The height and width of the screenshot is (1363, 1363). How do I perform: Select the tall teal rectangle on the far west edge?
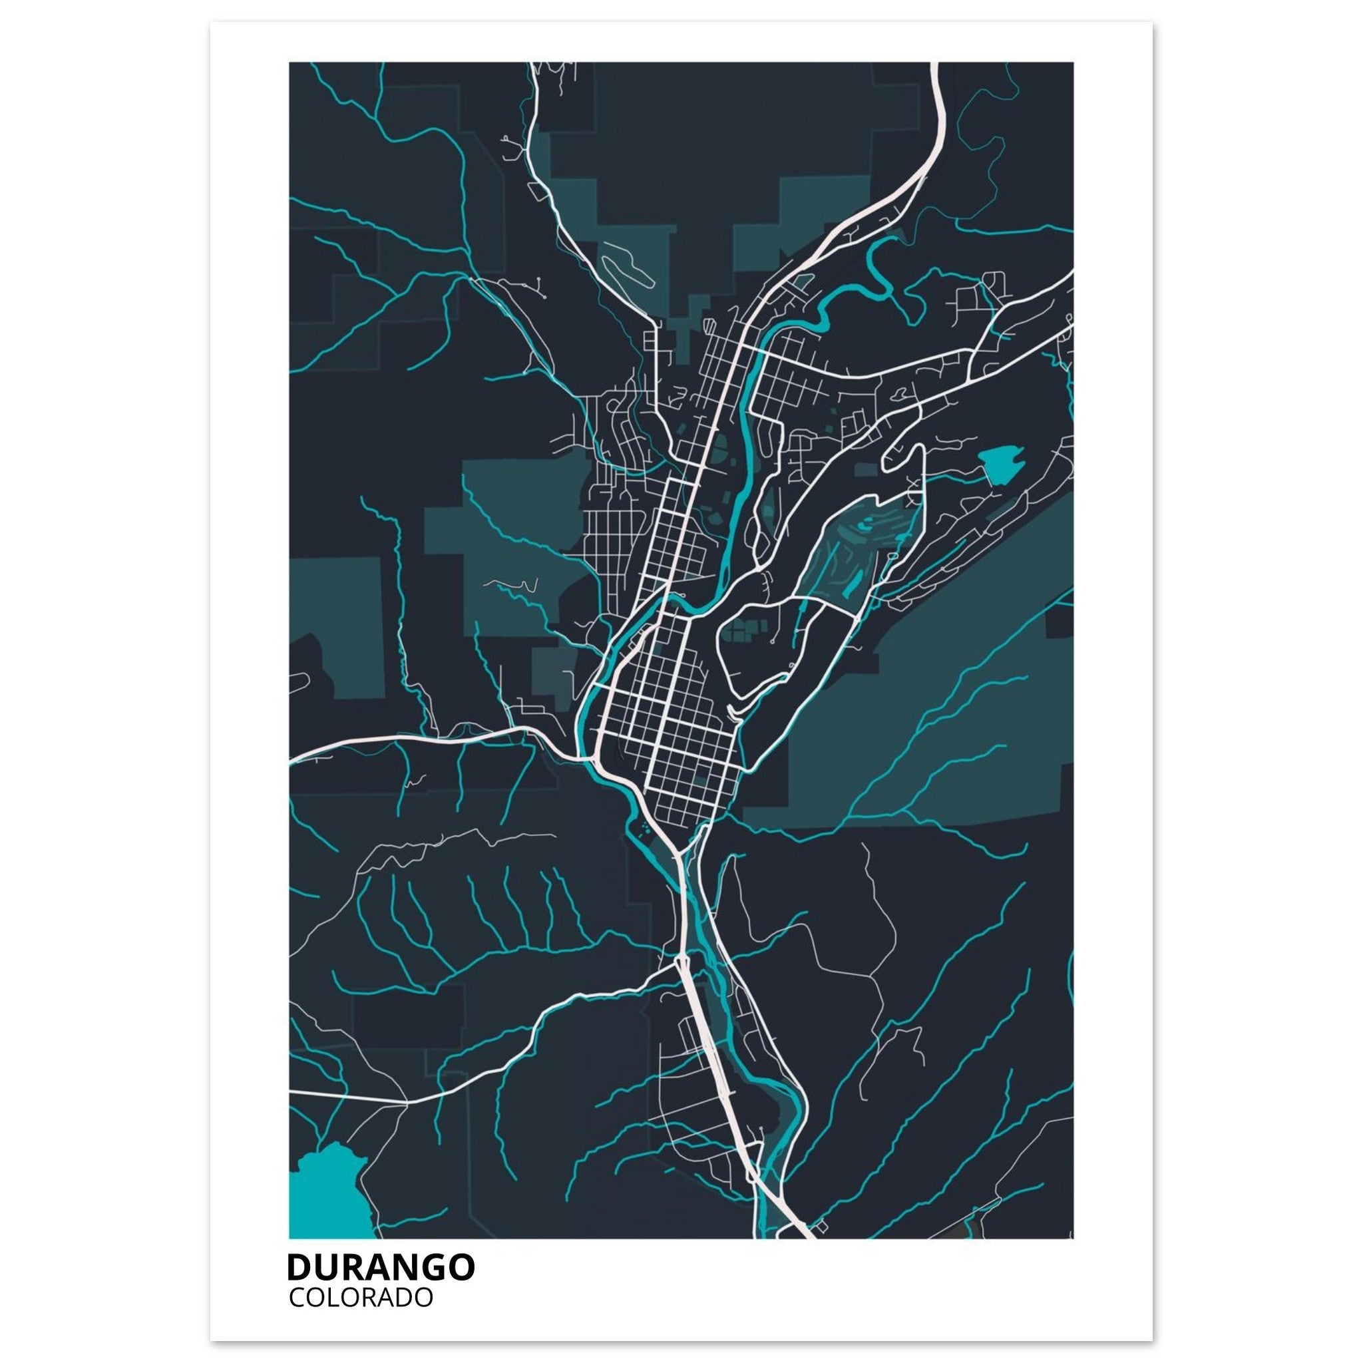coord(337,628)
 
